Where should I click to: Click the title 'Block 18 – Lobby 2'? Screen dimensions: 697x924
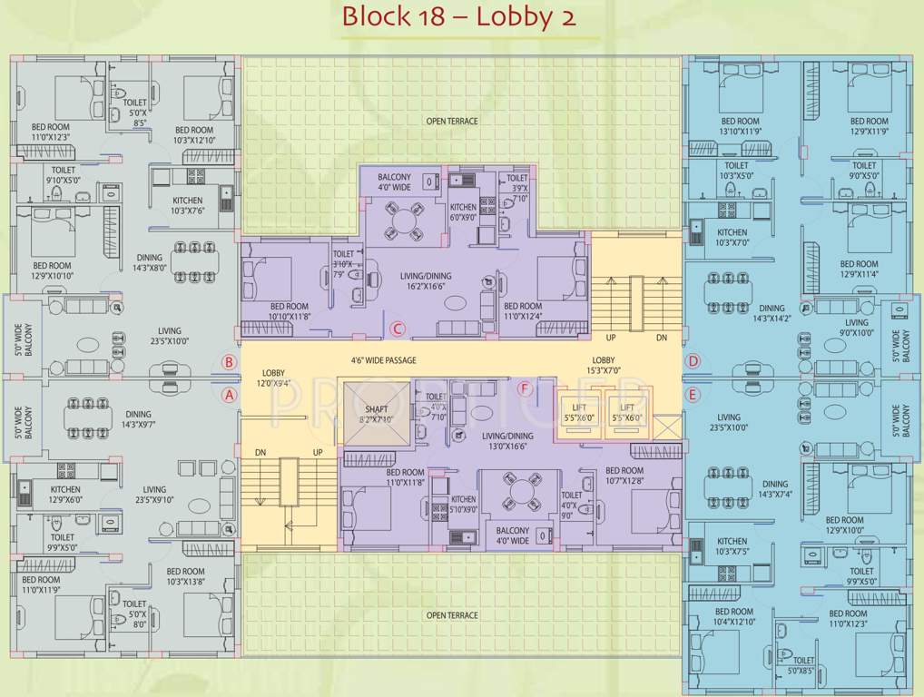[459, 17]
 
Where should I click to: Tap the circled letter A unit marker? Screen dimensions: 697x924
[230, 395]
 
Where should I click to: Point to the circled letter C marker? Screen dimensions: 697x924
[396, 329]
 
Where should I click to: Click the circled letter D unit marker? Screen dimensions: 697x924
[693, 361]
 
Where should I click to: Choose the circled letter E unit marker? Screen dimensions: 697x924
[693, 395]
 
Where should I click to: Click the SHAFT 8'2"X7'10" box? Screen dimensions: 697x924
[374, 414]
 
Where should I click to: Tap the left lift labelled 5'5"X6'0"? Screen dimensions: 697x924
[578, 413]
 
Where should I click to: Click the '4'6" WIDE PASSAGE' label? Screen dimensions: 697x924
[384, 360]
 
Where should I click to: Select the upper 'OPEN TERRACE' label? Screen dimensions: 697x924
[452, 121]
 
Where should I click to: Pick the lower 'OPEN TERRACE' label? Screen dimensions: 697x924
[452, 615]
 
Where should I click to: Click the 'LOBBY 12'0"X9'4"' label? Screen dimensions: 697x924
[274, 378]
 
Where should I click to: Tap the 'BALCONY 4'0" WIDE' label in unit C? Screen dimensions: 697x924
[394, 182]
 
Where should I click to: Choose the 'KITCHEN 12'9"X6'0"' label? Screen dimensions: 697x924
[66, 494]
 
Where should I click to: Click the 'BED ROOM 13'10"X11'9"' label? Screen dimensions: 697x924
[740, 126]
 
